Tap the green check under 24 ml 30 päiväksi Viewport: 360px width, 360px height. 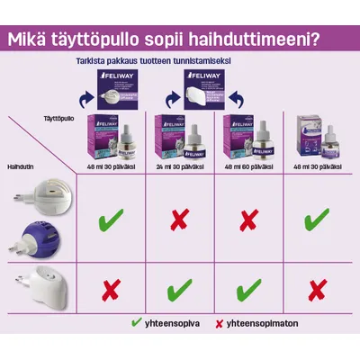(x=177, y=290)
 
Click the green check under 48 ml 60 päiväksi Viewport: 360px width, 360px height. (x=247, y=290)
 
